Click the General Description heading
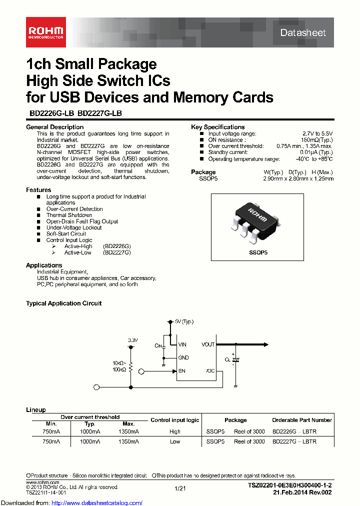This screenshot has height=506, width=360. [x=54, y=127]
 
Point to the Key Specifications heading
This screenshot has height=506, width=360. [x=217, y=127]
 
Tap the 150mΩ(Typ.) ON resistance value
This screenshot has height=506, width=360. [x=317, y=140]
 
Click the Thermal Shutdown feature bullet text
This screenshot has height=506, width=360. [x=69, y=215]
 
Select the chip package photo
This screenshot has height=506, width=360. [x=258, y=219]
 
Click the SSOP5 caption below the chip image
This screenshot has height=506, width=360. [x=258, y=253]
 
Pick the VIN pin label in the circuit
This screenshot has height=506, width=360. [x=182, y=344]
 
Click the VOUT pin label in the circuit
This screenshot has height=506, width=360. [x=208, y=344]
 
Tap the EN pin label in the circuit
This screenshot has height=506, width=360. [x=181, y=370]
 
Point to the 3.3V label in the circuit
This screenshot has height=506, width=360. [x=132, y=340]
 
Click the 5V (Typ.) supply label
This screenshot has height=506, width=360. [x=184, y=321]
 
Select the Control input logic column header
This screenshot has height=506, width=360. [x=174, y=420]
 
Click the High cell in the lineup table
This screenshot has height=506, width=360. [x=175, y=431]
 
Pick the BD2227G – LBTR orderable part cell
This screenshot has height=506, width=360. [x=294, y=441]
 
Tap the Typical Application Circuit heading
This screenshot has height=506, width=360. [x=63, y=303]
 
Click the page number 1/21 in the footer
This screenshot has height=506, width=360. [x=180, y=488]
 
